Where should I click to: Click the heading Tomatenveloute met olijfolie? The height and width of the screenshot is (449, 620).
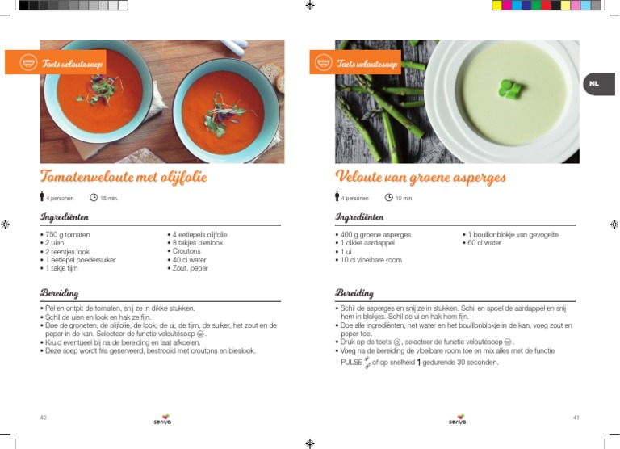pos(124,176)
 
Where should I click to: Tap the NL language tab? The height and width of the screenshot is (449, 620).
pos(593,83)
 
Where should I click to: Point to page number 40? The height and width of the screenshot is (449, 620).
pos(43,418)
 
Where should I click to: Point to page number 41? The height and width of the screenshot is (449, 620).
pos(576,418)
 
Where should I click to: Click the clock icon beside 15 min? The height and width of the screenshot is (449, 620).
pos(94,198)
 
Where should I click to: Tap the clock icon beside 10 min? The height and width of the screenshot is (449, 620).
pos(389,198)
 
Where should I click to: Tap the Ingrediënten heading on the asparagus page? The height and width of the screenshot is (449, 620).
pos(359,216)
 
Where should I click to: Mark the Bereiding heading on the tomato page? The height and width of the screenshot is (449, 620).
pos(61,292)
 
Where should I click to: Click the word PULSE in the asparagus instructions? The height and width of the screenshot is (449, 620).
pos(353,363)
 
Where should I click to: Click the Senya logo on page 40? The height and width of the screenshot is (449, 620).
pos(162,419)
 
